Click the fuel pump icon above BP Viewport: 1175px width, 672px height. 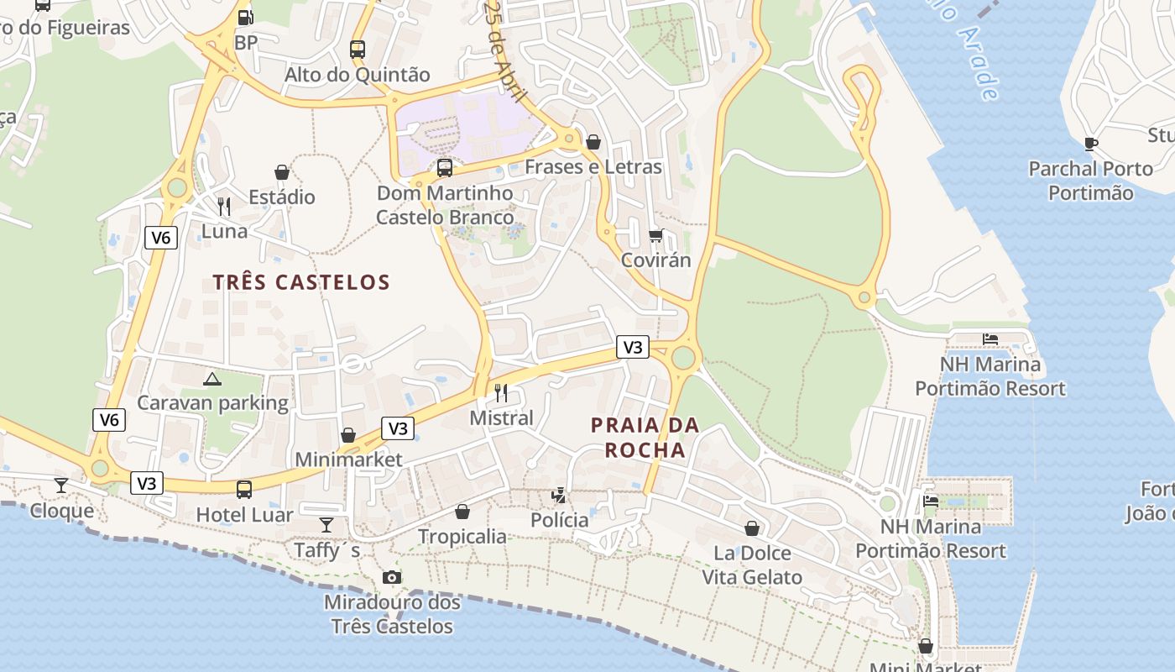245,16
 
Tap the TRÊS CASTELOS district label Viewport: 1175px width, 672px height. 301,282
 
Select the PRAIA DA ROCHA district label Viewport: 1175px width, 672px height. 645,438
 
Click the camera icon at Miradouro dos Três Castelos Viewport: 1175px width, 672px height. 392,577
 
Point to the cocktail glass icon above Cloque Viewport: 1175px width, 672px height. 61,485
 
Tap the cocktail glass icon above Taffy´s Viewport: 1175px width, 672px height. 326,525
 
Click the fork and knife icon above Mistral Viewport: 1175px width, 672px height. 501,392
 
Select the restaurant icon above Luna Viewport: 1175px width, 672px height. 224,206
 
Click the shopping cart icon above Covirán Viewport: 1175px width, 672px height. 655,235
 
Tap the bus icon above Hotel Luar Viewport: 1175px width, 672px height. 244,489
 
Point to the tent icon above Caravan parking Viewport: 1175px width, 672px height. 212,378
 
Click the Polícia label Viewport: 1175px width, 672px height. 560,520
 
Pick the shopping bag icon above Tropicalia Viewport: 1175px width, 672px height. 462,511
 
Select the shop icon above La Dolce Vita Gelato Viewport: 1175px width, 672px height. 752,528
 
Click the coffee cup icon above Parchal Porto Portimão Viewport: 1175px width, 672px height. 1090,144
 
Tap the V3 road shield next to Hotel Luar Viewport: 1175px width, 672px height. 147,483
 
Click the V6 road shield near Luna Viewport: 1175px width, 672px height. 160,238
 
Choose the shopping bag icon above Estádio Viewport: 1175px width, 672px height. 282,171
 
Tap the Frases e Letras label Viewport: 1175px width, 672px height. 593,166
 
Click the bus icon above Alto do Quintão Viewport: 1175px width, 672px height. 358,49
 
